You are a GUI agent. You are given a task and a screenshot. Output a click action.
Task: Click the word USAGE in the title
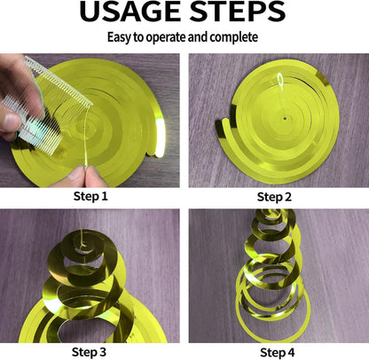point(130,12)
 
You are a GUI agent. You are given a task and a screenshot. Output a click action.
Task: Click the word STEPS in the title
point(238,12)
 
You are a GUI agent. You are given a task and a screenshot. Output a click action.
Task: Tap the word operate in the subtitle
point(166,38)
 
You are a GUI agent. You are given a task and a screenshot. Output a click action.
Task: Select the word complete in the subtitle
point(234,37)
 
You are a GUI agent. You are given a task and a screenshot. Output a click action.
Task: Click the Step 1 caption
point(90,196)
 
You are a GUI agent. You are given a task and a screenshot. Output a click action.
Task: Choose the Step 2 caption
point(274,197)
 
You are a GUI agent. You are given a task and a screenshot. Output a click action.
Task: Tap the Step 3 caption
point(89,352)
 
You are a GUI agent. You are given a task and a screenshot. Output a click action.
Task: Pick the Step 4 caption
point(278,352)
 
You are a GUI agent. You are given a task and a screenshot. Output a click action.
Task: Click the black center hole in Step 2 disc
point(285,119)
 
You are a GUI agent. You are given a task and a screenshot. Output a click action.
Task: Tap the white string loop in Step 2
point(280,79)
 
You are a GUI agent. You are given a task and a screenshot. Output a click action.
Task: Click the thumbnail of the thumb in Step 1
point(11,121)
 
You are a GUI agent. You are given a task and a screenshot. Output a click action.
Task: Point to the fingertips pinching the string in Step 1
point(86,175)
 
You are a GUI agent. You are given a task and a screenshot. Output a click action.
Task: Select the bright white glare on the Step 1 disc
point(160,137)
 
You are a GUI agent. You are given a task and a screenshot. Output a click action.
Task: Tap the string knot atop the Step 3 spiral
point(82,245)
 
